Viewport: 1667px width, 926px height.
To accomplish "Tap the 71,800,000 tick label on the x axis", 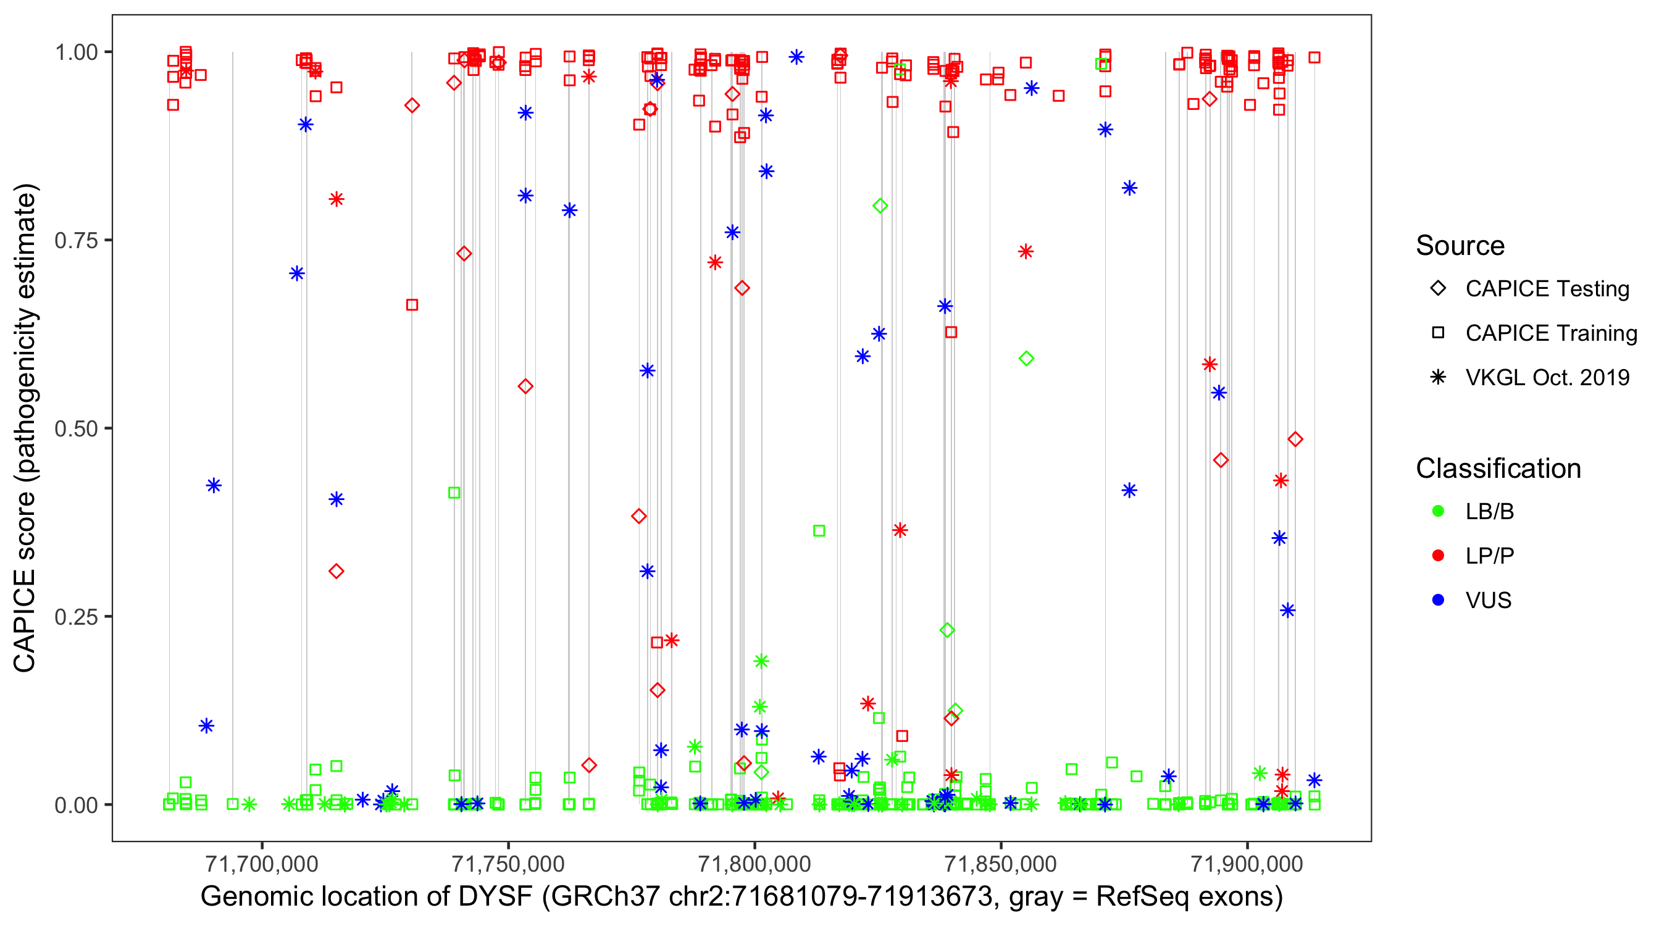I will (x=754, y=864).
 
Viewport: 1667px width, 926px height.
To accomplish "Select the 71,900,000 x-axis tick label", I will (x=1247, y=864).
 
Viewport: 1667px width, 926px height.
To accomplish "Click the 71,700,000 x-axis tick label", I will (x=262, y=864).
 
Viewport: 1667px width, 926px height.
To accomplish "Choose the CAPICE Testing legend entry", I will (x=1547, y=289).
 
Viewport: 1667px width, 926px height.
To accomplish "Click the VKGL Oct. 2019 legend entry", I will (x=1547, y=377).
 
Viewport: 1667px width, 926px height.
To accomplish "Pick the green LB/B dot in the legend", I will (x=1438, y=511).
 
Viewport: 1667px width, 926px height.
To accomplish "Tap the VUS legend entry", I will (x=1488, y=601).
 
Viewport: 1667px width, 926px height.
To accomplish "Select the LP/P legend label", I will (x=1489, y=556).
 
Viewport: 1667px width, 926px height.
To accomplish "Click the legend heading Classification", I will (x=1497, y=469).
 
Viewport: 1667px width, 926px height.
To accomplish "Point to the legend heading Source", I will (x=1460, y=246).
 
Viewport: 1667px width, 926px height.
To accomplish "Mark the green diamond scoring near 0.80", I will (x=879, y=206).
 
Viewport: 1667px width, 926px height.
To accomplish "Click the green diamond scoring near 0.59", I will (x=1026, y=359).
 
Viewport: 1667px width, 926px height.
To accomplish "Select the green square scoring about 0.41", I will (x=454, y=493).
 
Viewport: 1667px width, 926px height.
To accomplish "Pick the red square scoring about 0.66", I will (x=412, y=305).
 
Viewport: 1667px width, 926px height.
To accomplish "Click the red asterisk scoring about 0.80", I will (x=336, y=199).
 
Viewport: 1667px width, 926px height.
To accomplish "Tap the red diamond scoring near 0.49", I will (x=1295, y=440).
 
